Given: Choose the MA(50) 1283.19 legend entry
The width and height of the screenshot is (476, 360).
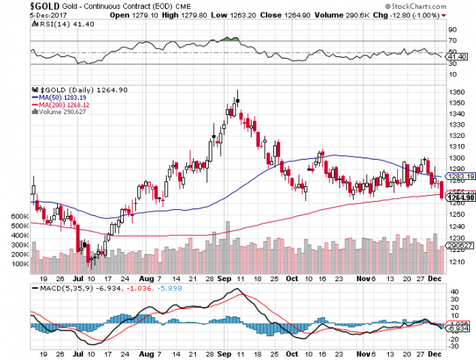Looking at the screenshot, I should coord(60,97).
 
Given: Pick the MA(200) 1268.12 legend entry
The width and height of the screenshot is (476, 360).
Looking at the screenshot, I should coord(62,104).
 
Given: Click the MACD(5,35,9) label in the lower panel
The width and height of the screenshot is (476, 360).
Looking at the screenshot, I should coord(59,289).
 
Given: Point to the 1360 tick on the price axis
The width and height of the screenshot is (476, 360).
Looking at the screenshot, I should coord(457,92).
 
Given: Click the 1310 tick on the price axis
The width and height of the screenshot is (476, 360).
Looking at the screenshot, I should coord(457,147).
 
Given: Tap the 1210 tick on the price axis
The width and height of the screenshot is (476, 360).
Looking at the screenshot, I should coord(457,260).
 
